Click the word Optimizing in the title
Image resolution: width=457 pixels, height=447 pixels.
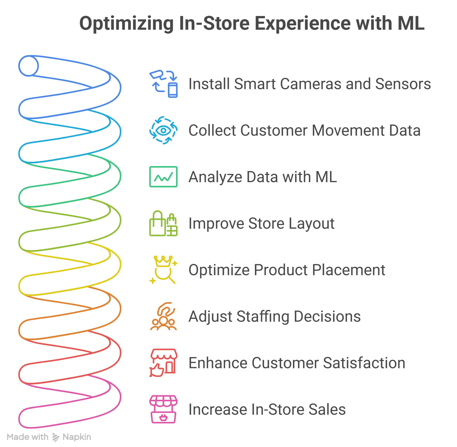(x=126, y=24)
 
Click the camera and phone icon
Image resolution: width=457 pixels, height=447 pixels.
(x=164, y=84)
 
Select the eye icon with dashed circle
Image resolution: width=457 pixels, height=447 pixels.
(x=164, y=130)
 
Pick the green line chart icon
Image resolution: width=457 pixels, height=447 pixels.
(x=164, y=177)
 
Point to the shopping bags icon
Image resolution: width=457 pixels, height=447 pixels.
(x=164, y=223)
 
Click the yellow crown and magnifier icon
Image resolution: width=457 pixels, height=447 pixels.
(x=164, y=270)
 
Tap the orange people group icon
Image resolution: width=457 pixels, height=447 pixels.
(x=164, y=316)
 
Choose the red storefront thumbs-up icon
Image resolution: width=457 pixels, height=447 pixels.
(x=164, y=363)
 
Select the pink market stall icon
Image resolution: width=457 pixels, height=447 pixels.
(x=164, y=409)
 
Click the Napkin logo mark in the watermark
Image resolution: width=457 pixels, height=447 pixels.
(x=56, y=437)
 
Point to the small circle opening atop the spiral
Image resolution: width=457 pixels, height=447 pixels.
(x=29, y=66)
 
